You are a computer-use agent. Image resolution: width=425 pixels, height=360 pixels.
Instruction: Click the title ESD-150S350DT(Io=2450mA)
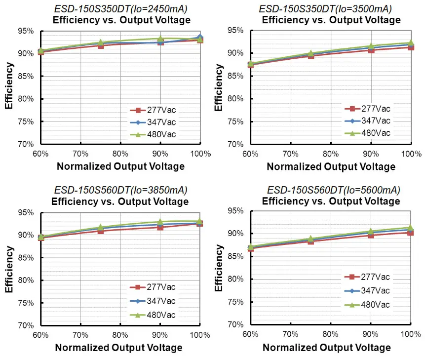(x=120, y=8)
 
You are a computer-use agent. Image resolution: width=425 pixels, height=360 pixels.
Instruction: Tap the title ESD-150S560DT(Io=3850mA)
(x=120, y=190)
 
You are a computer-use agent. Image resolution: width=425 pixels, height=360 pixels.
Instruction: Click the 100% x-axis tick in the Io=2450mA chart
(x=200, y=154)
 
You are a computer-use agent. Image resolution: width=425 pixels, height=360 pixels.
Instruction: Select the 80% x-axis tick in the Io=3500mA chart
(x=331, y=154)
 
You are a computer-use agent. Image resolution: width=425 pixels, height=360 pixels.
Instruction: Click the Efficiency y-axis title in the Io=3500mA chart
(x=219, y=88)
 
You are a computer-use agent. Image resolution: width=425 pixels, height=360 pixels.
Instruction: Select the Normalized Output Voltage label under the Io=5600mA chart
(x=327, y=348)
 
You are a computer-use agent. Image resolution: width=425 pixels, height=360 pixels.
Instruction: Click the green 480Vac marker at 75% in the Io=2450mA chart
(x=101, y=43)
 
